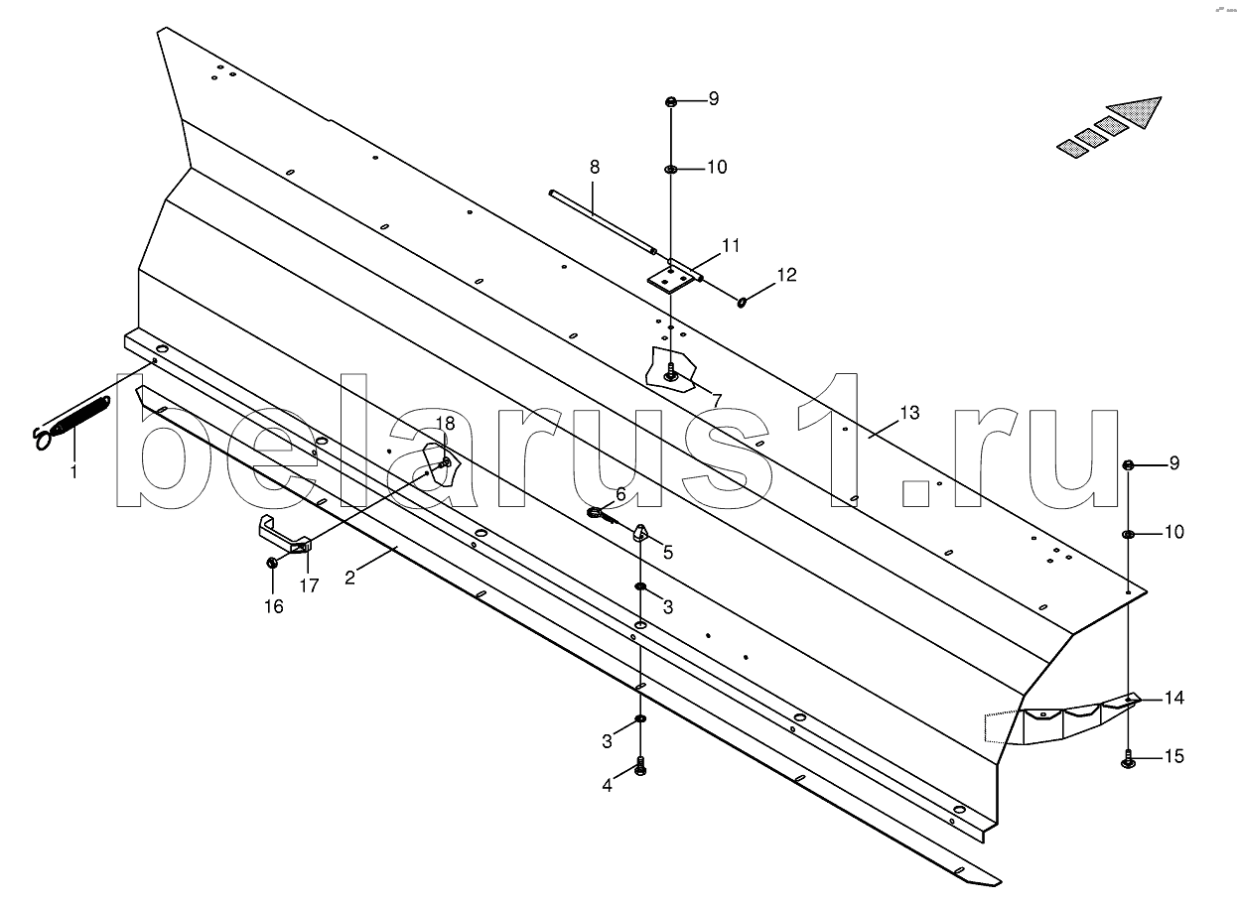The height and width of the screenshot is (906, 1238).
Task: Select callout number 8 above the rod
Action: [x=595, y=167]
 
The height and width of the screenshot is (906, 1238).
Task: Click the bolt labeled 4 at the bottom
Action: [x=640, y=767]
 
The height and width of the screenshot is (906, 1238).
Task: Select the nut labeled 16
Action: [x=272, y=564]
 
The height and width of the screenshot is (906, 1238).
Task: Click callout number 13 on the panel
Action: [x=909, y=411]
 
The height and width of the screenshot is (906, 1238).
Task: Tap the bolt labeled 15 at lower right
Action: [x=1129, y=760]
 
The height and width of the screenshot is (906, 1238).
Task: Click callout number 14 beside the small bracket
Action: [x=1174, y=699]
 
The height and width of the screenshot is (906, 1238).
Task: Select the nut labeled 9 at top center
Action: [x=671, y=101]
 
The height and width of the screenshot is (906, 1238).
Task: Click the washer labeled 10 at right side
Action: [x=1129, y=535]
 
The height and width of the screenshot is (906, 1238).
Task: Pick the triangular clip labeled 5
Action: [x=640, y=533]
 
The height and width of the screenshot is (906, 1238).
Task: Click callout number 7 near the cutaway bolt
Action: [x=714, y=400]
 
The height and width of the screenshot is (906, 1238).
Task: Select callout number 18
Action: [x=445, y=424]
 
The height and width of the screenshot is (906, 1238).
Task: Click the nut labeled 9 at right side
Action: [x=1129, y=464]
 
